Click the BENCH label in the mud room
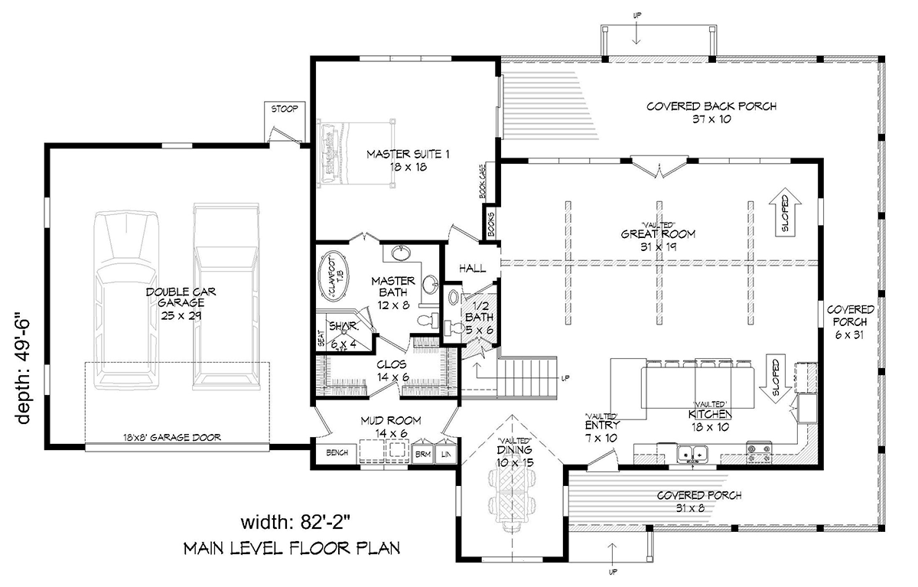[x=337, y=453]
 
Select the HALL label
[x=473, y=269]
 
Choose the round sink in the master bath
[x=402, y=253]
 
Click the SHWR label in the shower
[x=339, y=328]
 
